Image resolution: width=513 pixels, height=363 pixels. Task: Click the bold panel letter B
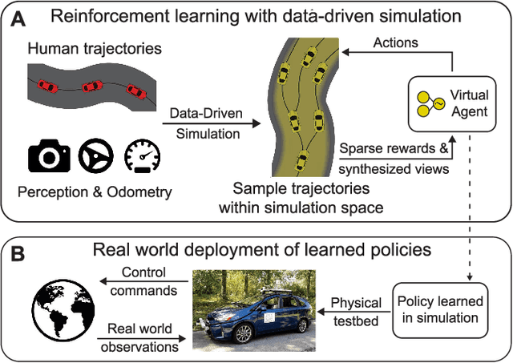[x=15, y=254]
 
